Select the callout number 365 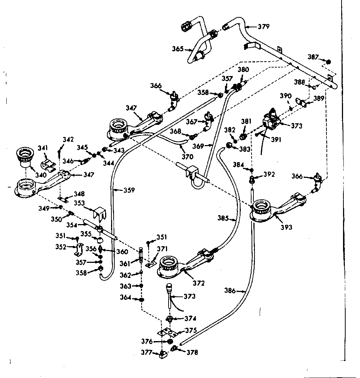[x=178, y=48]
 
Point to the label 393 [x=286, y=227]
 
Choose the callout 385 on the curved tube [x=223, y=218]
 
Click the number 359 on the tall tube [x=129, y=190]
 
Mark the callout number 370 [x=187, y=157]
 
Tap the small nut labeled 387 [x=329, y=62]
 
